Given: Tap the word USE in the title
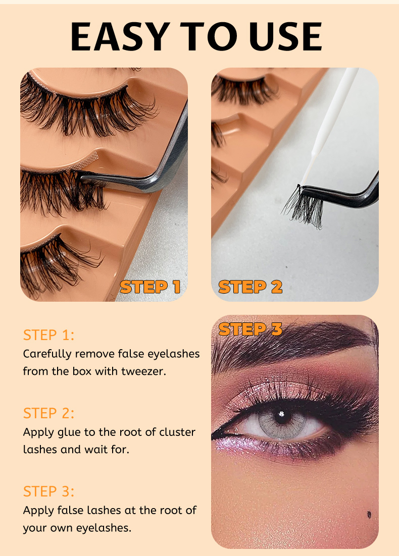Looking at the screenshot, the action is [285, 36].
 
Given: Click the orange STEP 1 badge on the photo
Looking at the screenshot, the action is [150, 287].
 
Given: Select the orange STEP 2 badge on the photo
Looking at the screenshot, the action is [251, 287].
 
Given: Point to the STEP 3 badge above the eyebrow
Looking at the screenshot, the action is [251, 329].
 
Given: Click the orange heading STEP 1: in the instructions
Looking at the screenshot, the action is [48, 335].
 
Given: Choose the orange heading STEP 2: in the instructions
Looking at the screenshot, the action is [48, 413].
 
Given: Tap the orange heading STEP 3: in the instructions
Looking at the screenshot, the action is [48, 492].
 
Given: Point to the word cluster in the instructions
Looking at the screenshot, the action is [177, 432].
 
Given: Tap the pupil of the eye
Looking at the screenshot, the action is [281, 416].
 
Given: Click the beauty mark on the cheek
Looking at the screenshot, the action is [369, 514].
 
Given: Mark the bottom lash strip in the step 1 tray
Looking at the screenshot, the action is [57, 264].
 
